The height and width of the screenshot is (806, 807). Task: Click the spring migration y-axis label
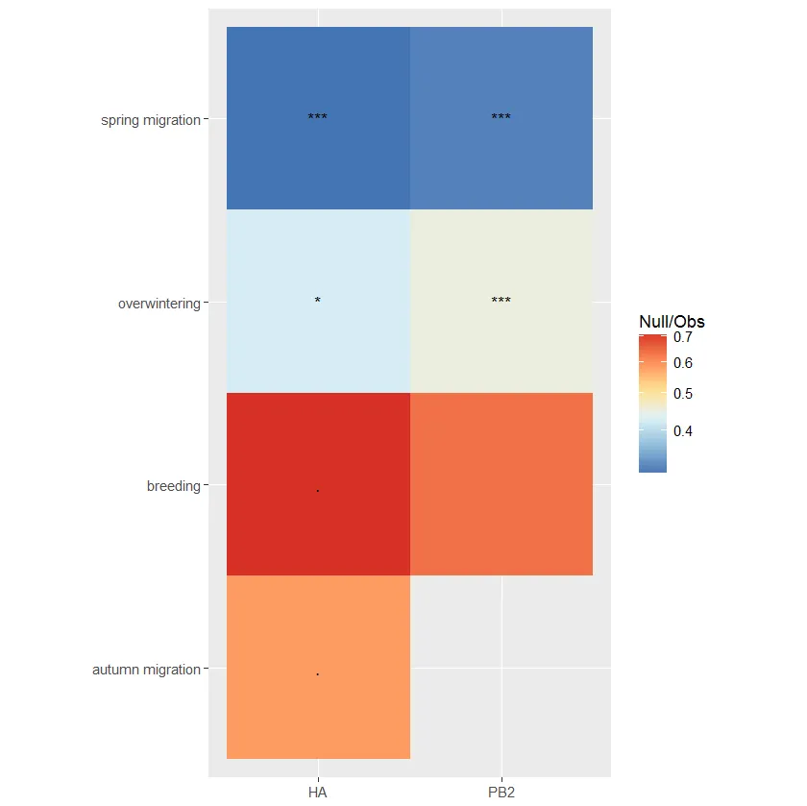[151, 120]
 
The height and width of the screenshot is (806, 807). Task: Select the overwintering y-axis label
[159, 304]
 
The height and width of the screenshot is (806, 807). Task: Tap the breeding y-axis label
[173, 486]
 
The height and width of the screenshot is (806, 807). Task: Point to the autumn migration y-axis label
[146, 669]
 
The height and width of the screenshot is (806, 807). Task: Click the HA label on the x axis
[318, 793]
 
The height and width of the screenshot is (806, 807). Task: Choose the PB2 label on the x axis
[501, 793]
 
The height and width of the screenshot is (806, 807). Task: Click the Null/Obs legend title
[672, 322]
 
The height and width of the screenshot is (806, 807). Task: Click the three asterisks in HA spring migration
[318, 118]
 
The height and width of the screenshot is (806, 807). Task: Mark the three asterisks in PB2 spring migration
[501, 118]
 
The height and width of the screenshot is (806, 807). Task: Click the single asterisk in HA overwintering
[318, 301]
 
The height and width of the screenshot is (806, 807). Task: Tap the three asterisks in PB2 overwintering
[501, 301]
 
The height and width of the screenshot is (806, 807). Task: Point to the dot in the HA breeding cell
[318, 491]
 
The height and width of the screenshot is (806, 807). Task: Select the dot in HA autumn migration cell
[318, 674]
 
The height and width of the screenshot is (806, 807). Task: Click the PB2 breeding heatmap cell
[501, 484]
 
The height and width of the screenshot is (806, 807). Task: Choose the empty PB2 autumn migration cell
[501, 668]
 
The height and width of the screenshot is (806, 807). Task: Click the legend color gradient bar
[653, 403]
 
